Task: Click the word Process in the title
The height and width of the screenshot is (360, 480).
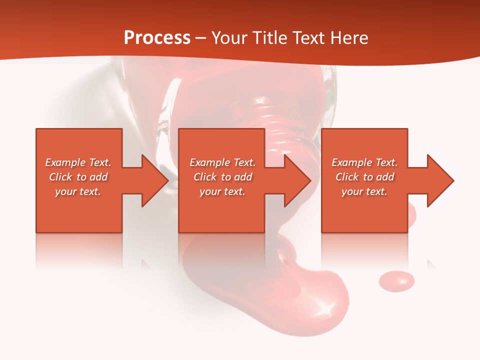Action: (157, 38)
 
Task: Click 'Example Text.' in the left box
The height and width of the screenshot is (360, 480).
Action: (78, 162)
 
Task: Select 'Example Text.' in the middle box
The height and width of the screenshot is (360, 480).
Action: (222, 162)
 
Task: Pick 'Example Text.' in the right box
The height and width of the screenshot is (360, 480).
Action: (364, 162)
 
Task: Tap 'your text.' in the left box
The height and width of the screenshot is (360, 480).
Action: (78, 191)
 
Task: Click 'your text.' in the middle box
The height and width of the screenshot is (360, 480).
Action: (222, 191)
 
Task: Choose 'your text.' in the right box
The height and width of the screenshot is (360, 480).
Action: (364, 191)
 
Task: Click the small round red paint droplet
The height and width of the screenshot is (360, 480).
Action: (396, 281)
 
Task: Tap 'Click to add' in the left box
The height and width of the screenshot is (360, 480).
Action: (78, 177)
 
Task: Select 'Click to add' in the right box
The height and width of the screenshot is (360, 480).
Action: (364, 177)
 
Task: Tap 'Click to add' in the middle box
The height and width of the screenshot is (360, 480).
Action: (222, 177)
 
